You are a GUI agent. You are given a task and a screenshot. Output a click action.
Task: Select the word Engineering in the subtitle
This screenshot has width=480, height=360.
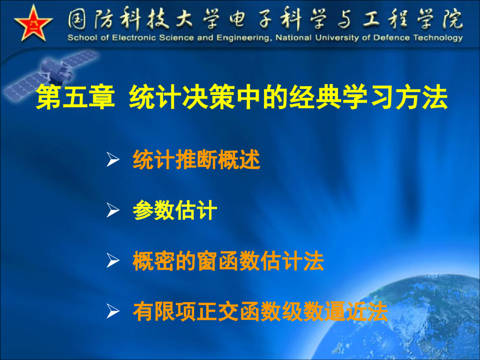[242, 38]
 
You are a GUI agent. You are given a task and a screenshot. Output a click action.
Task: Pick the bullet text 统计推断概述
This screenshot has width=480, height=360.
[196, 160]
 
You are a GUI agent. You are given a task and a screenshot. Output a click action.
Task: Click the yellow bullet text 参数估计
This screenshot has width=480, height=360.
[174, 211]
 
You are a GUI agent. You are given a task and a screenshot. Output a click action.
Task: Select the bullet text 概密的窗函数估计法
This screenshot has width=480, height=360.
[228, 261]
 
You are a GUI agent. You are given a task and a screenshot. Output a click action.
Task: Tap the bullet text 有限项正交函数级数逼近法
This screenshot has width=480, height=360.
[260, 312]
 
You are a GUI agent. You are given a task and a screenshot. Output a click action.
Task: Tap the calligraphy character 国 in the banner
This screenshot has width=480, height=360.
[79, 19]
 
